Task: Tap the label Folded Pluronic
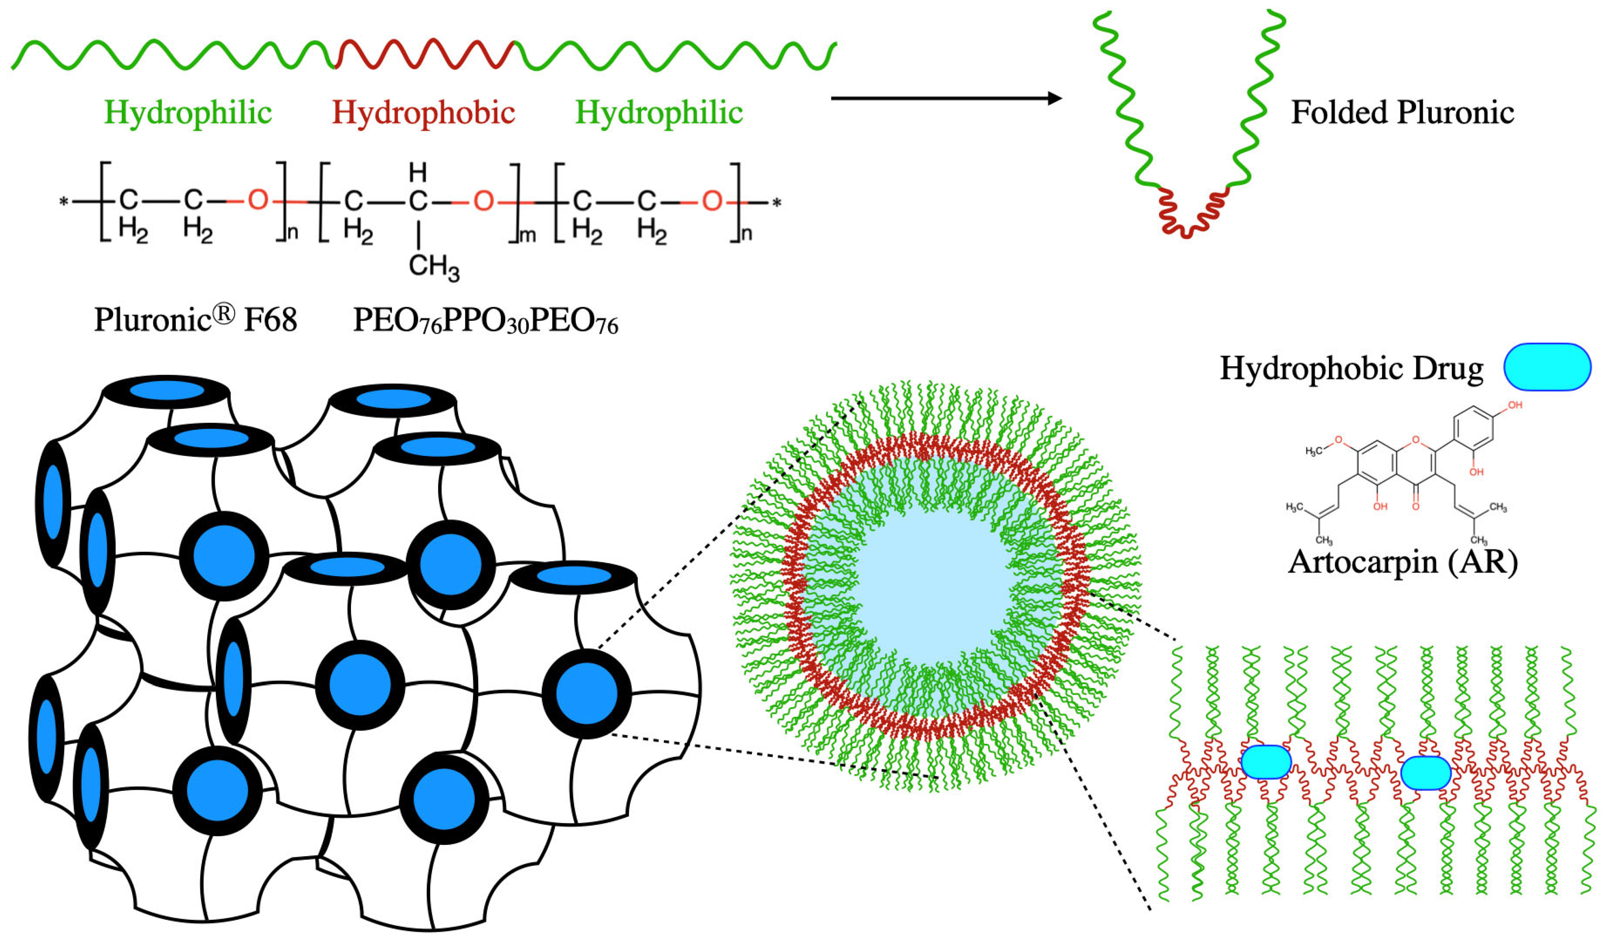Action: coord(1402,113)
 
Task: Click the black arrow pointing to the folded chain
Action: coord(946,98)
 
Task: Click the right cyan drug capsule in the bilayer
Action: coord(1426,773)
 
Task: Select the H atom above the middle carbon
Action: coord(418,172)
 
